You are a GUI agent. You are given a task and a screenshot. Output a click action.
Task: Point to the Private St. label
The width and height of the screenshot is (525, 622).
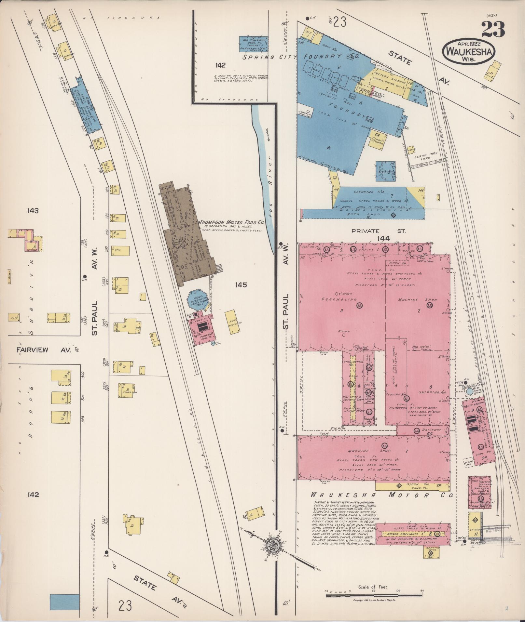[x=378, y=231]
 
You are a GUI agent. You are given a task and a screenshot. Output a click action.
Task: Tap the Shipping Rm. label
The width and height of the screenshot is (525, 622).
[x=433, y=392]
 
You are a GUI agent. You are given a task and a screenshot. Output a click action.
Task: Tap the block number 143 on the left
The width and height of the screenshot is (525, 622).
[x=33, y=211]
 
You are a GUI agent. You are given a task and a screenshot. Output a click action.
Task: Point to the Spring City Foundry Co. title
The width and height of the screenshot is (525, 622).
[x=301, y=57]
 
